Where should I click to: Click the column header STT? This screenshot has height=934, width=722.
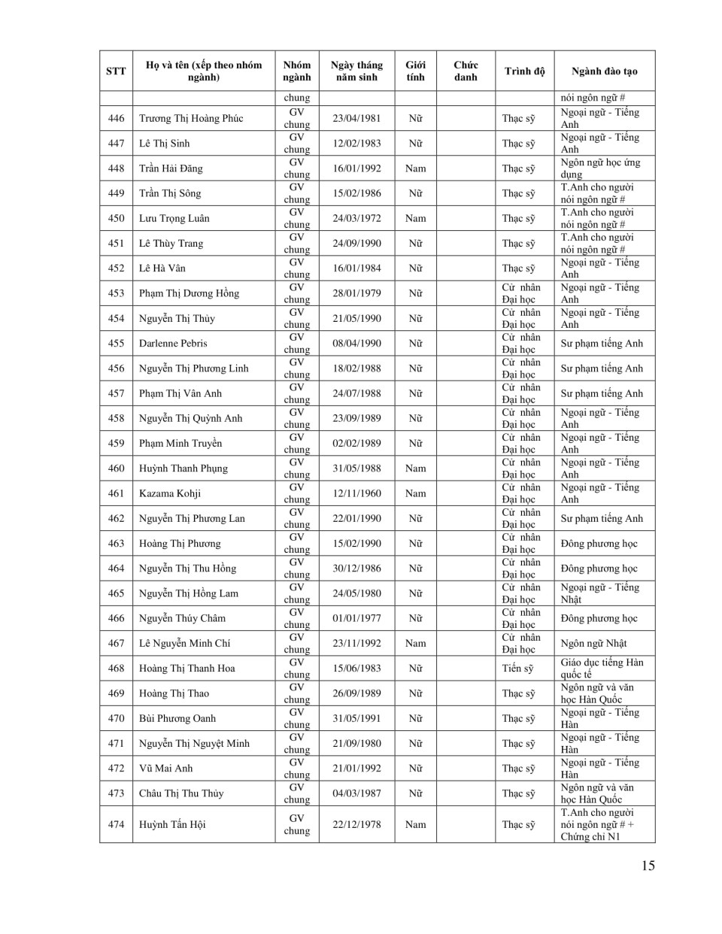click(116, 71)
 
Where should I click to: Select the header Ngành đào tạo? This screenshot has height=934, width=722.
click(604, 71)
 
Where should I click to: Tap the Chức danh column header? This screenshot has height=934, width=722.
click(466, 71)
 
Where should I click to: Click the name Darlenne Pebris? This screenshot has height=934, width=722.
click(173, 344)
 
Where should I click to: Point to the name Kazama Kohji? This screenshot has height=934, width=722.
click(170, 493)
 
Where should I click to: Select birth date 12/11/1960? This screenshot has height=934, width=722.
click(356, 493)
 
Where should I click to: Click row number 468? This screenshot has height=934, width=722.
click(116, 669)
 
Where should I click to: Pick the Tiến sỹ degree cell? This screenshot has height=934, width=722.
click(517, 669)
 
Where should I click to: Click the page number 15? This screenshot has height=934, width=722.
click(648, 866)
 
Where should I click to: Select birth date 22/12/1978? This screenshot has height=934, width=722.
click(356, 825)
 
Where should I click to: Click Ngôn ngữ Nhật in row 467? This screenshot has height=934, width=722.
click(593, 644)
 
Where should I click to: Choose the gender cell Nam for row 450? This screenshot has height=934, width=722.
click(415, 219)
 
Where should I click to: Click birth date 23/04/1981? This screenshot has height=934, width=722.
click(356, 119)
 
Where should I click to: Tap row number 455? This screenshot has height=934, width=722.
click(116, 344)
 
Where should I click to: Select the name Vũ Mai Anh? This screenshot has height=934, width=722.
click(165, 769)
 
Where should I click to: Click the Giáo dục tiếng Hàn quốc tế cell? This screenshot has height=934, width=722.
click(602, 669)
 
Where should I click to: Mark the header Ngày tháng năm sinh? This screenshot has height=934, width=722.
click(356, 71)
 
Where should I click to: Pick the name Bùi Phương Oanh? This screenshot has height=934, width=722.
click(177, 719)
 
